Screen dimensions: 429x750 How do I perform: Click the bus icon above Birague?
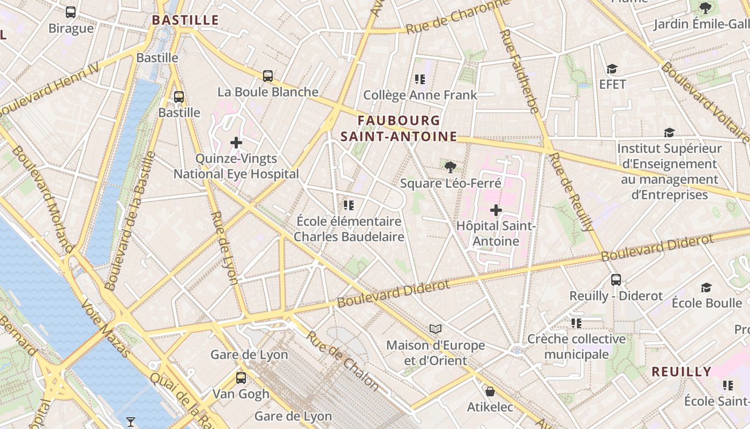[70, 12]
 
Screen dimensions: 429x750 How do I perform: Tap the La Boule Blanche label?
[268, 92]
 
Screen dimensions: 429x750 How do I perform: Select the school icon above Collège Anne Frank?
[420, 79]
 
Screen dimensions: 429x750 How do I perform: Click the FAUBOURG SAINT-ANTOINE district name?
[399, 129]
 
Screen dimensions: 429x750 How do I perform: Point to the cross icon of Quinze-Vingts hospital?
[236, 143]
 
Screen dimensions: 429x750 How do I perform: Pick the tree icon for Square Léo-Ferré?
[450, 167]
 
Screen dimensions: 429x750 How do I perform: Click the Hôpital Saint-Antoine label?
[496, 233]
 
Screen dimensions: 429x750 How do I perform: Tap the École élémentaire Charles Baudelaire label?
[349, 228]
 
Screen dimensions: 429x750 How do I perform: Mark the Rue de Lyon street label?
[224, 247]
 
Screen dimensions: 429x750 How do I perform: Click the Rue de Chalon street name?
[343, 360]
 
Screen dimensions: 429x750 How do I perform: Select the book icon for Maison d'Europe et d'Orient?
[436, 329]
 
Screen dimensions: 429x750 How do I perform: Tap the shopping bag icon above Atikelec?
[490, 391]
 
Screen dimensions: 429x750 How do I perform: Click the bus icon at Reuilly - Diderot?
[616, 279]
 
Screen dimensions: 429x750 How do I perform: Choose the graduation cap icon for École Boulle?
[706, 288]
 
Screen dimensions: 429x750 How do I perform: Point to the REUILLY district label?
[681, 372]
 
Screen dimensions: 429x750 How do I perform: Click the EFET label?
[613, 84]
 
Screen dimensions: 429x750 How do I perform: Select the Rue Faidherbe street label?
[519, 71]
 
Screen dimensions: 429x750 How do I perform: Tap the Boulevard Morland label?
[41, 199]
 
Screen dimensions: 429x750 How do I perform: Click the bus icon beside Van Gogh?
[241, 378]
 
